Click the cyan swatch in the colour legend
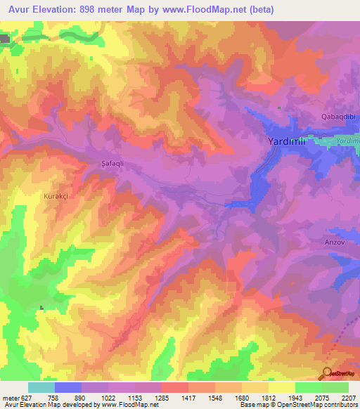tap(41, 387)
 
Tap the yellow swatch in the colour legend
tap(282, 387)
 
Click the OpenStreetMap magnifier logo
tap(327, 372)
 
